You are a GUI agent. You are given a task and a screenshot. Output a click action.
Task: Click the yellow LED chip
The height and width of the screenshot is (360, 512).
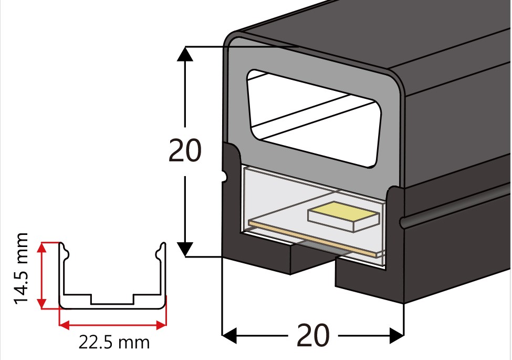click(x=344, y=216)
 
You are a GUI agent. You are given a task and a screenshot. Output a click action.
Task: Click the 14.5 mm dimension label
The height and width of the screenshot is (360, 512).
click(x=20, y=269)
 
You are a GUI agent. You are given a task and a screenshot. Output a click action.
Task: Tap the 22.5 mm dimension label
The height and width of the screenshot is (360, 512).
click(x=114, y=342)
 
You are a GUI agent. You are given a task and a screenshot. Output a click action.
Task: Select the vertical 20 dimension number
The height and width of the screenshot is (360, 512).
click(x=185, y=151)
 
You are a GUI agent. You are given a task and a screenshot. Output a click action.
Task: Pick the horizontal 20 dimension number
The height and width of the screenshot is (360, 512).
click(x=313, y=335)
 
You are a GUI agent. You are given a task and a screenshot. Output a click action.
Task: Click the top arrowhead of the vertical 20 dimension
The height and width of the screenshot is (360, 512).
click(x=185, y=54)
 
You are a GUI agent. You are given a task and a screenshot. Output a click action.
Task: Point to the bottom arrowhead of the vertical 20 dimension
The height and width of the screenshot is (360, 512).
click(x=185, y=249)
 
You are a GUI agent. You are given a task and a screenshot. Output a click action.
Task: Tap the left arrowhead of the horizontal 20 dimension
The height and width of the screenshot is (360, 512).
click(x=229, y=335)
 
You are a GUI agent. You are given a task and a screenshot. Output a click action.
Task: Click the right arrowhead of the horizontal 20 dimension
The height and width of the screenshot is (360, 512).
click(x=397, y=335)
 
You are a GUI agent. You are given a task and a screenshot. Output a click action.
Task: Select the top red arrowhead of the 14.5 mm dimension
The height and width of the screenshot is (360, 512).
click(x=41, y=248)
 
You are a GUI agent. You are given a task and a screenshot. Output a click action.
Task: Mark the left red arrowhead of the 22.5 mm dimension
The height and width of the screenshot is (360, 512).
click(x=64, y=325)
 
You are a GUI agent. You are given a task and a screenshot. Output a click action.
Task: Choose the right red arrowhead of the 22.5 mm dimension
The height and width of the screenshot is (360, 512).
click(x=161, y=325)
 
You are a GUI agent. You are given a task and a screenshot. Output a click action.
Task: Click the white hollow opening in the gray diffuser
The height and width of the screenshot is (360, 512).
click(x=314, y=118)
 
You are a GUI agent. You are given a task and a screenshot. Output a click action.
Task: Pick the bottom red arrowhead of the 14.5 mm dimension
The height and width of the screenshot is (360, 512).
click(x=41, y=303)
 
